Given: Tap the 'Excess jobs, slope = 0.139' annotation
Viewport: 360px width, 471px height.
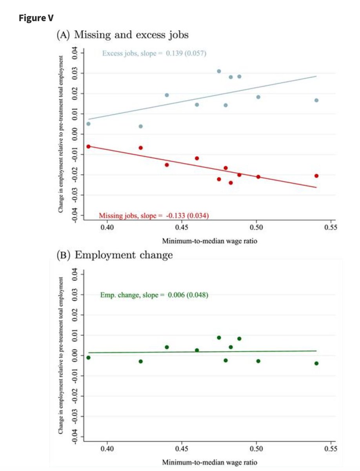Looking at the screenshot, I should (x=154, y=53).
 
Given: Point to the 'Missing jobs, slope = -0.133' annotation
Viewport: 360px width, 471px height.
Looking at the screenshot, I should (x=153, y=215).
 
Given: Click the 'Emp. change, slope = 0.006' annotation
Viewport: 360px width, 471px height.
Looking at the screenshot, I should (x=154, y=295).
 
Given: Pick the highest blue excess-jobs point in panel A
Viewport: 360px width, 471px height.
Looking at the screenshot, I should (x=219, y=71).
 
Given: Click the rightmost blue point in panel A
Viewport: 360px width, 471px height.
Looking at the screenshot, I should (x=316, y=100).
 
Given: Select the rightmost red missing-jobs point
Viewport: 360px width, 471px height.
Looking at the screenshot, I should (x=316, y=175).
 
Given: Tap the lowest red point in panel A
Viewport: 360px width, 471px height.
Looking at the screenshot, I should (x=231, y=183).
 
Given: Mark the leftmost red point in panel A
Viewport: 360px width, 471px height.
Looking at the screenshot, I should (x=88, y=146).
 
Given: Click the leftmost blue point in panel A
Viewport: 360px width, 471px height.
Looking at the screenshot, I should (x=88, y=124).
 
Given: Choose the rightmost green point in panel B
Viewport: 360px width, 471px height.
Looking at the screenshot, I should (x=316, y=363).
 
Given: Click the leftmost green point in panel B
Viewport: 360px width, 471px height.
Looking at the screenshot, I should (x=88, y=357).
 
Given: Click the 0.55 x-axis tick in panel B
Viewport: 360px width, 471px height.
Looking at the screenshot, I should (x=331, y=448).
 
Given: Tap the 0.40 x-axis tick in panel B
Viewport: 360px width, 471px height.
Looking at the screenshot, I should (x=107, y=448).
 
